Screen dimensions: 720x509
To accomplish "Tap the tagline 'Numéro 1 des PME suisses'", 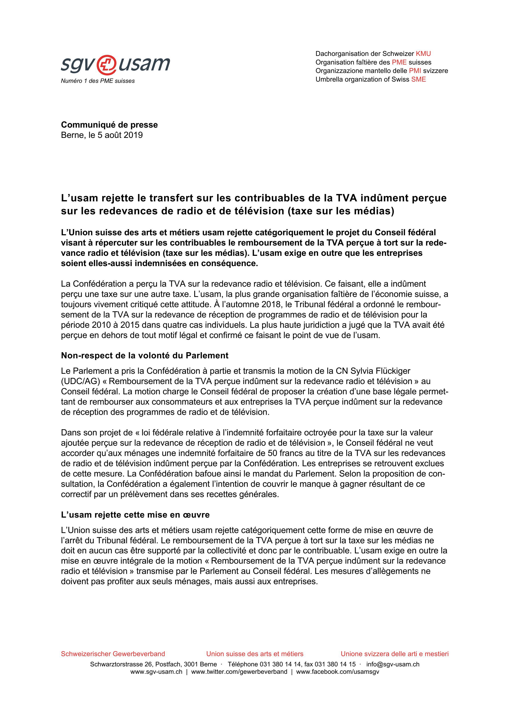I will (98, 81).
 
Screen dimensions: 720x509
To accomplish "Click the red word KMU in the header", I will (423, 54).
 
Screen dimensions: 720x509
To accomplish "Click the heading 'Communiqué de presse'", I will (109, 125).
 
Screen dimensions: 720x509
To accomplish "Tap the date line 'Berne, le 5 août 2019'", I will (102, 135).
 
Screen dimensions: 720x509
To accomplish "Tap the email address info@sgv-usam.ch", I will (393, 664).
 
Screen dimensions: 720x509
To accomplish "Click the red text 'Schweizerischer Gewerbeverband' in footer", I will (113, 654).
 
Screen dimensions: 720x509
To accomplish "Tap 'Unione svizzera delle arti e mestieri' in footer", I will (395, 654).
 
